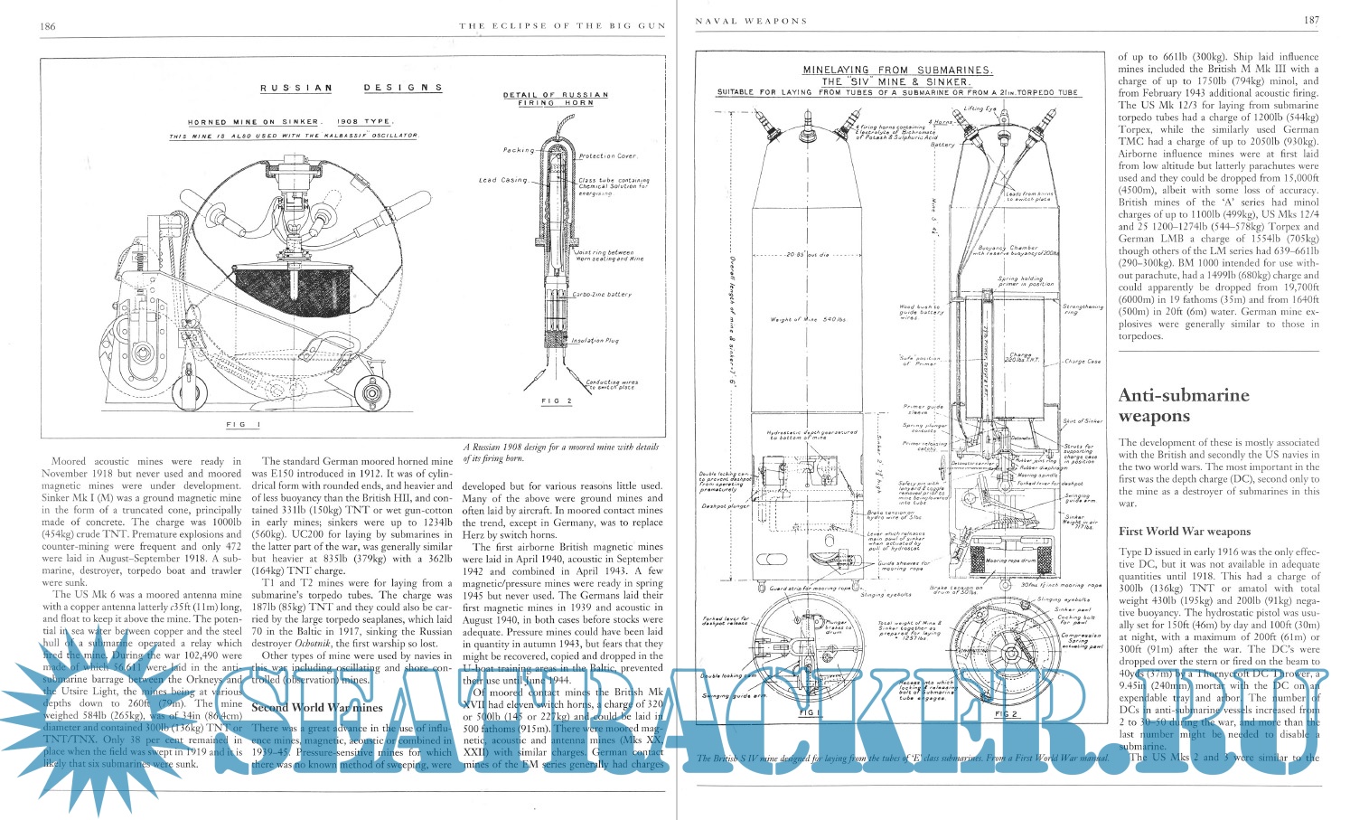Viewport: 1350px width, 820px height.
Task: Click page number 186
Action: click(x=47, y=26)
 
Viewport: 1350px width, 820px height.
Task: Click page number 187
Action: click(x=1310, y=21)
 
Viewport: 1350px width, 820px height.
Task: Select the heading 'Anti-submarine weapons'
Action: click(x=1171, y=405)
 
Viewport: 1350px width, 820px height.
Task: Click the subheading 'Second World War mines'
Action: click(x=305, y=707)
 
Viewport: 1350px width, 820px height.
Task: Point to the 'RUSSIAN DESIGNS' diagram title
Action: click(x=352, y=88)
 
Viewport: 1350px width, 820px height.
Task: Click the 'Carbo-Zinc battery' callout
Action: click(x=603, y=295)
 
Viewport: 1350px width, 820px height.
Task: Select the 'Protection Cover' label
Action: click(x=608, y=156)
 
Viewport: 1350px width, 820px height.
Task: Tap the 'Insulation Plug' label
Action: click(x=595, y=341)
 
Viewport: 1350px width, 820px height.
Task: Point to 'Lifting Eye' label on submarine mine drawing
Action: click(x=980, y=108)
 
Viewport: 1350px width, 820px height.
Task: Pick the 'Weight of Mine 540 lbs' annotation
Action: click(x=807, y=319)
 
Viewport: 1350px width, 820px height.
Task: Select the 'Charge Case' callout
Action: click(x=1083, y=362)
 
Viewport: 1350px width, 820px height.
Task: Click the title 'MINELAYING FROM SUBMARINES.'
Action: click(x=898, y=70)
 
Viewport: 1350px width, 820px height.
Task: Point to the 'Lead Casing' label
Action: click(x=502, y=181)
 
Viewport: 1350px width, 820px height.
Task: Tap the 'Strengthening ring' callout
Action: click(x=1084, y=310)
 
